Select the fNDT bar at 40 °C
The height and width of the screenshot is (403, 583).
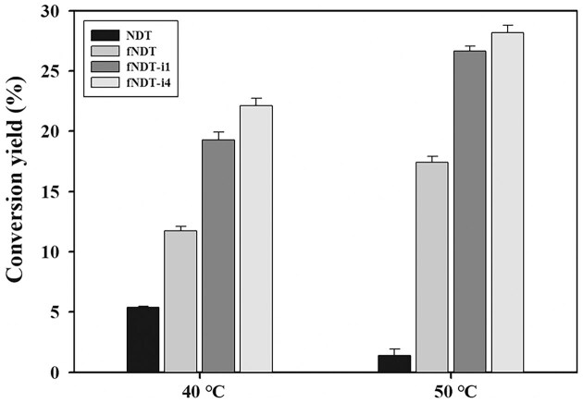180,301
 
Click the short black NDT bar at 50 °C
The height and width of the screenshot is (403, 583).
394,363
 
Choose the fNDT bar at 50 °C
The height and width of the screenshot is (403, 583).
432,267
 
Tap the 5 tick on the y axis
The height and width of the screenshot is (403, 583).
62,312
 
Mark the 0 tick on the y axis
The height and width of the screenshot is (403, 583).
62,372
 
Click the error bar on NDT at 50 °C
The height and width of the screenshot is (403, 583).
394,351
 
